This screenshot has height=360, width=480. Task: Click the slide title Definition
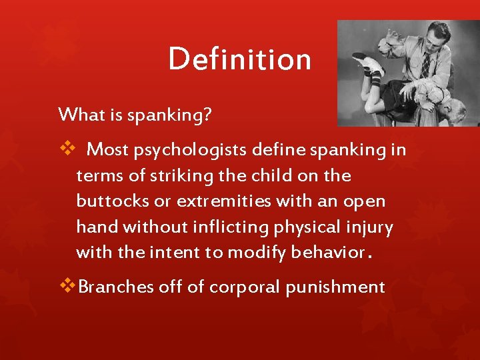(x=239, y=59)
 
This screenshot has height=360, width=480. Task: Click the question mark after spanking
(x=207, y=115)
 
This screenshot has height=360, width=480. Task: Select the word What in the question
(x=78, y=115)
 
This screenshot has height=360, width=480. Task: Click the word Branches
(x=115, y=287)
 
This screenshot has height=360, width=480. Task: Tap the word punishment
(x=335, y=287)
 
